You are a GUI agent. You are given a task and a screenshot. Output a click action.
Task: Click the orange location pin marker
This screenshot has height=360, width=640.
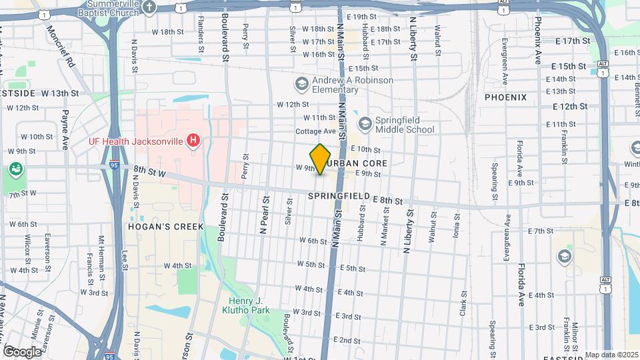click(320, 159)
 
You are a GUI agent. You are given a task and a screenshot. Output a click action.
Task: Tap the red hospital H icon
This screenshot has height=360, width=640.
click(193, 140)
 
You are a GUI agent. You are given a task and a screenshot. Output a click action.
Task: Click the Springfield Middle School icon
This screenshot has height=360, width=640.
click(365, 123)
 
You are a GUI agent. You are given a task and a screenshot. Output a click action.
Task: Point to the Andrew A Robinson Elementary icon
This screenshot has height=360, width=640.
click(301, 83)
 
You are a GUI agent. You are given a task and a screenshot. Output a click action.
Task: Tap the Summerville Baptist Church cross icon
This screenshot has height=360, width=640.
click(149, 7)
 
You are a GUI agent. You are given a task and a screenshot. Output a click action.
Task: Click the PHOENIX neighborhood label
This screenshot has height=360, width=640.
click(505, 97)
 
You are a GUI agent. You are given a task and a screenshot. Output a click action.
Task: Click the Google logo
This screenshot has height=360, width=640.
click(22, 351)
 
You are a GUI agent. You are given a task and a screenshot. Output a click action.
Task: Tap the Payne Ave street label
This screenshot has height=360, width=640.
click(65, 129)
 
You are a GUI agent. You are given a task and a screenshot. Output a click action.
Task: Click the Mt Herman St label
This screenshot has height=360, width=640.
click(101, 253)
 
